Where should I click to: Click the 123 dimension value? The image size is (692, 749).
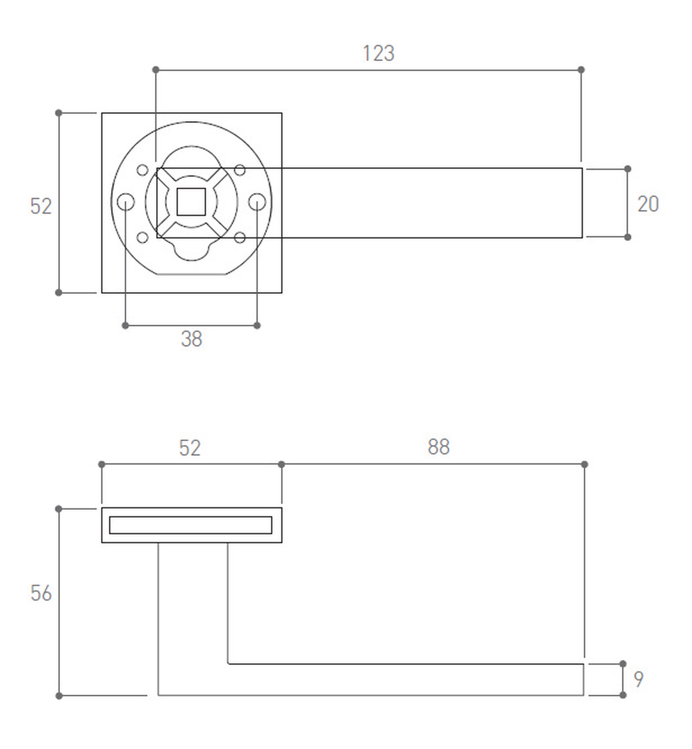tap(378, 53)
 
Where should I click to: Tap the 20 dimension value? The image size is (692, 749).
tap(648, 204)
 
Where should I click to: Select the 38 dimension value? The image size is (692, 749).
tap(191, 339)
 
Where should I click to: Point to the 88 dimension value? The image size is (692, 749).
tap(438, 446)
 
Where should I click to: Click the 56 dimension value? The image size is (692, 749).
tap(41, 593)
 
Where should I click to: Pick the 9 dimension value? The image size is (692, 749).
tap(638, 679)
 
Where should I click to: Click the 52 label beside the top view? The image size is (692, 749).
tap(41, 206)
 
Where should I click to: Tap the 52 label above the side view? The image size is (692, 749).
tap(190, 448)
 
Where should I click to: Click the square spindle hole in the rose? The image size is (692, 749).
tap(191, 202)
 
